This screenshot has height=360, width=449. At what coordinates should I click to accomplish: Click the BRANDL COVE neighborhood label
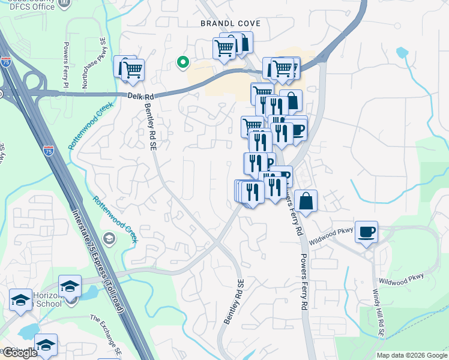(231, 23)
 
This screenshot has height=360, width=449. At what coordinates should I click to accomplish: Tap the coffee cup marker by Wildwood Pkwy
(366, 231)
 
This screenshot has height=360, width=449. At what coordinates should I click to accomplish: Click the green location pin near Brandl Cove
(182, 61)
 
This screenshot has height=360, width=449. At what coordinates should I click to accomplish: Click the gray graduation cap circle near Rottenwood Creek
(109, 239)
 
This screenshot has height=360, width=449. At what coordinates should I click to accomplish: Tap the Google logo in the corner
(20, 353)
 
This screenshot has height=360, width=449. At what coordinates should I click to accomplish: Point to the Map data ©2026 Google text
(412, 355)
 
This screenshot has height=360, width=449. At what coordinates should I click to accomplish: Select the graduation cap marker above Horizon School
(70, 286)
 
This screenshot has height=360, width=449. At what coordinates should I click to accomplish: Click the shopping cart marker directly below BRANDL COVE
(224, 49)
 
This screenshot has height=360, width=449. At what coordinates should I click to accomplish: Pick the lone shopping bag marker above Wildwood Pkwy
(306, 201)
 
